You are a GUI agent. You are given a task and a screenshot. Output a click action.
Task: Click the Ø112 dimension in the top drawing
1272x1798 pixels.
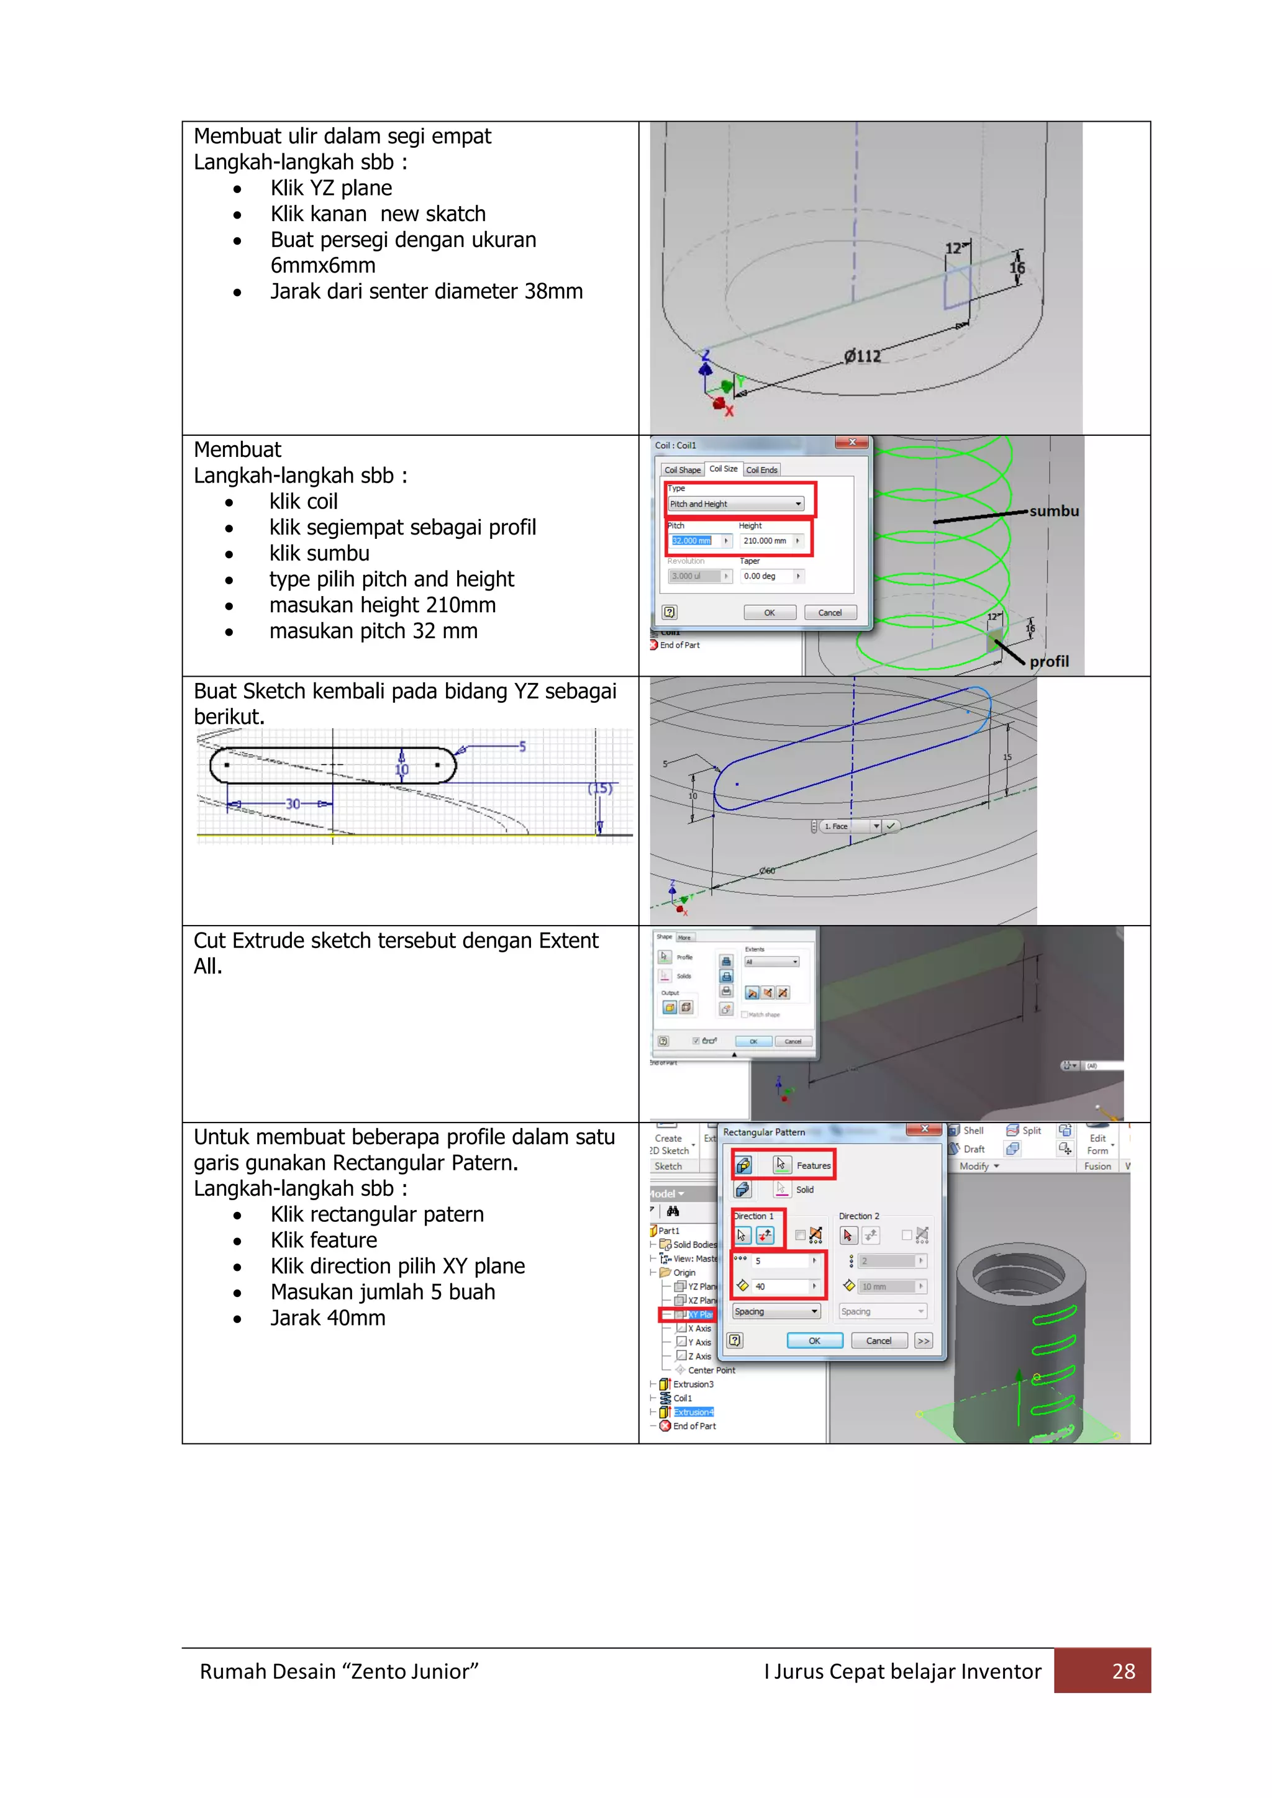[862, 356]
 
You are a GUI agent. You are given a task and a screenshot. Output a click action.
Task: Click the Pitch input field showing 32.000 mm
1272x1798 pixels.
[693, 540]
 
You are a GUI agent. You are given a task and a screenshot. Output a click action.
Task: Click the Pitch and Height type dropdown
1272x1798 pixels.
[735, 504]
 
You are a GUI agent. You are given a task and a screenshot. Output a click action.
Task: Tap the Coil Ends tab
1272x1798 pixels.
[761, 470]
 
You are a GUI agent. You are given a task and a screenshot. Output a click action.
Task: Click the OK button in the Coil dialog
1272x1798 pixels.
[769, 612]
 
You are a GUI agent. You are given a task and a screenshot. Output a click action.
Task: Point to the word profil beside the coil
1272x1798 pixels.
[1049, 662]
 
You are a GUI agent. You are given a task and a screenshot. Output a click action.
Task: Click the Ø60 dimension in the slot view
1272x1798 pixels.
[767, 871]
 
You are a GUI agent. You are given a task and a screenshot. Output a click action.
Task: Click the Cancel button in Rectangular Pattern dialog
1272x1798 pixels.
[878, 1340]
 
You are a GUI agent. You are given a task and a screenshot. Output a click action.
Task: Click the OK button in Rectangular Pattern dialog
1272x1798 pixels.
[815, 1340]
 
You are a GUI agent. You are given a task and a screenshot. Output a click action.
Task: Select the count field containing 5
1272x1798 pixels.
[779, 1261]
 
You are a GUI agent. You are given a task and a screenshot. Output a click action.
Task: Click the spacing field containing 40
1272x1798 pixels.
[779, 1286]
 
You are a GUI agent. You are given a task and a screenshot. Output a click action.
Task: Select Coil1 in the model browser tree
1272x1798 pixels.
[682, 1398]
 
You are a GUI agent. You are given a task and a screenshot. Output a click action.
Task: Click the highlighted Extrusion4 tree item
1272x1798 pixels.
[693, 1412]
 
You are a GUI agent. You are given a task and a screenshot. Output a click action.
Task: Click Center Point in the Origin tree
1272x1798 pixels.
[711, 1370]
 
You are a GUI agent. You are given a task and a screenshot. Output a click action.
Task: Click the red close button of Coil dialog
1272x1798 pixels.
[852, 443]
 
